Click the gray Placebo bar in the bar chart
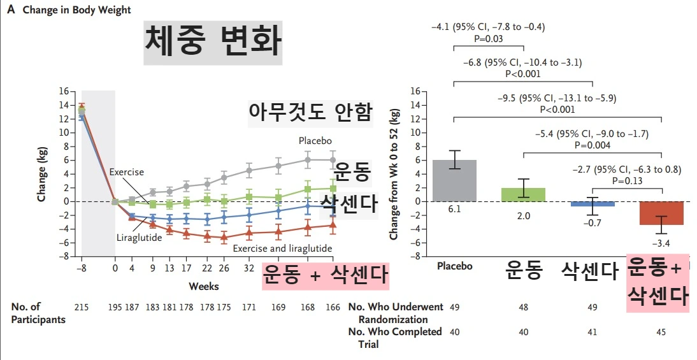454,180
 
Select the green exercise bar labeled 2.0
524,194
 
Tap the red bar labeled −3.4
662,213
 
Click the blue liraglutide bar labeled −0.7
593,204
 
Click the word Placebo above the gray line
315,140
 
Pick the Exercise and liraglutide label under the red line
282,248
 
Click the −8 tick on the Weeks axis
82,270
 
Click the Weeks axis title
203,286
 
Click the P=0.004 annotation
593,145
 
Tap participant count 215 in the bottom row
81,307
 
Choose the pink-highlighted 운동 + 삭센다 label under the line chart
326,277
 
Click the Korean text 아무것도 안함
310,112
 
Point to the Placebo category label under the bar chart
454,266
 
